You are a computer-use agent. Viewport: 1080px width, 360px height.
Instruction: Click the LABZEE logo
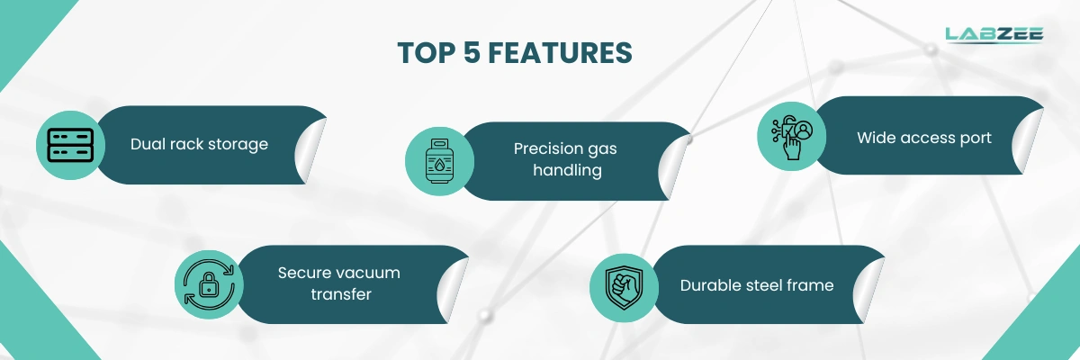pyautogui.click(x=994, y=35)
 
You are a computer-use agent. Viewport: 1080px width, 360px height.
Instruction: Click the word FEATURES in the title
pyautogui.click(x=560, y=52)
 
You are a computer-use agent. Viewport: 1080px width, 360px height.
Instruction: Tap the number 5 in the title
pyautogui.click(x=472, y=52)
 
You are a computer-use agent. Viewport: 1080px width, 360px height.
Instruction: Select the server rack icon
pyautogui.click(x=70, y=145)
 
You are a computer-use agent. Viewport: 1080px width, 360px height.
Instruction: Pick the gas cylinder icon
pyautogui.click(x=439, y=161)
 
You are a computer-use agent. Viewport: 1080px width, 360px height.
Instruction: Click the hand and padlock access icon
pyautogui.click(x=792, y=137)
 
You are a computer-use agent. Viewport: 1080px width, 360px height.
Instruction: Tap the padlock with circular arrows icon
pyautogui.click(x=209, y=284)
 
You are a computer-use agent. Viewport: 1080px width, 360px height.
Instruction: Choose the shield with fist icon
pyautogui.click(x=624, y=288)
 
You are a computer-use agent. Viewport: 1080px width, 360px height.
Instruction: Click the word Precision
pyautogui.click(x=545, y=148)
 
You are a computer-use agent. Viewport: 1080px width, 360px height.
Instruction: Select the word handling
pyautogui.click(x=568, y=171)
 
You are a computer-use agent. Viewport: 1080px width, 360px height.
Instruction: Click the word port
pyautogui.click(x=976, y=139)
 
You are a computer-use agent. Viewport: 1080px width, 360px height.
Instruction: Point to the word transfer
pyautogui.click(x=341, y=294)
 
